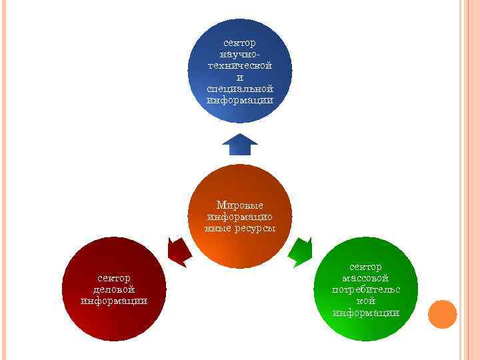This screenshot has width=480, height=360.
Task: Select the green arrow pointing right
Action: click(301, 249)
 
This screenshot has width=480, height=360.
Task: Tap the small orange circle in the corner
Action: click(442, 314)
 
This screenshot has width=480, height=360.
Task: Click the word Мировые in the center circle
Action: click(240, 205)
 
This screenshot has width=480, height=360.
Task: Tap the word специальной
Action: click(240, 89)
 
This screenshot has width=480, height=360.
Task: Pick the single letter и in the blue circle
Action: click(240, 77)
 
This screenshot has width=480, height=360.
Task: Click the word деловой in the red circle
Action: click(113, 289)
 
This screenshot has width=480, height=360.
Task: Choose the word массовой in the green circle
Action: click(365, 278)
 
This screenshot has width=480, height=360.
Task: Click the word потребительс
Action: click(365, 289)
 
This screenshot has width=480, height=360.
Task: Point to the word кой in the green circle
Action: click(365, 301)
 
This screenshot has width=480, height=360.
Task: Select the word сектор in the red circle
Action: click(113, 277)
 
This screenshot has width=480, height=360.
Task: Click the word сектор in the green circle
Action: click(365, 267)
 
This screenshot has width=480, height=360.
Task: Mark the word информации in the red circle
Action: click(113, 300)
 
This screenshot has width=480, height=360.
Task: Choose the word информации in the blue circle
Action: click(240, 100)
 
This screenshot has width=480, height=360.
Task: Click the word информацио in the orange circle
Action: click(240, 217)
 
